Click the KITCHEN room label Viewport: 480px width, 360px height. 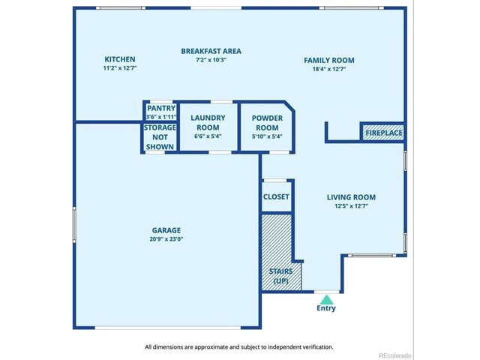(x=120, y=59)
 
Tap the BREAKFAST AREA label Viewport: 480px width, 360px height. (x=211, y=51)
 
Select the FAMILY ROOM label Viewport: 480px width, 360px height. (x=329, y=60)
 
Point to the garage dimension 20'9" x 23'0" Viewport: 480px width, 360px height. (x=166, y=239)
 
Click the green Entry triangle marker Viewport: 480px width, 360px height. (x=327, y=299)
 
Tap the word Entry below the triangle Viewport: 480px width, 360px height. (x=326, y=308)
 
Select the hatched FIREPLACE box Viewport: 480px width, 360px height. (x=383, y=133)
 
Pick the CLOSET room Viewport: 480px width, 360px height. (x=276, y=196)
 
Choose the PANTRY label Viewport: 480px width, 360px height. (x=161, y=108)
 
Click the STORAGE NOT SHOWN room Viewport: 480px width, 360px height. (x=160, y=137)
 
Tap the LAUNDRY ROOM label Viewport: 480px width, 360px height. (x=208, y=123)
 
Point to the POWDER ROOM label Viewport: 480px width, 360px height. (x=267, y=123)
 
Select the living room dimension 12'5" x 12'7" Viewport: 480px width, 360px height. (x=351, y=206)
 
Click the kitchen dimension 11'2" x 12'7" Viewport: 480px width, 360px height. (x=120, y=67)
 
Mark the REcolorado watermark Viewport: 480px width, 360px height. (x=395, y=355)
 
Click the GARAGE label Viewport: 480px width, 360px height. (x=166, y=230)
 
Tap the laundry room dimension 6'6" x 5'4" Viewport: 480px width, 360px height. (x=208, y=136)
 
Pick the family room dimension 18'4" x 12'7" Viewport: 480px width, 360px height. (x=329, y=69)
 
